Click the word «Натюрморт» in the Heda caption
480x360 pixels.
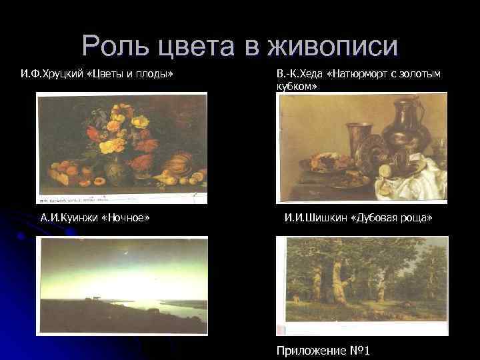point(363,73)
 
